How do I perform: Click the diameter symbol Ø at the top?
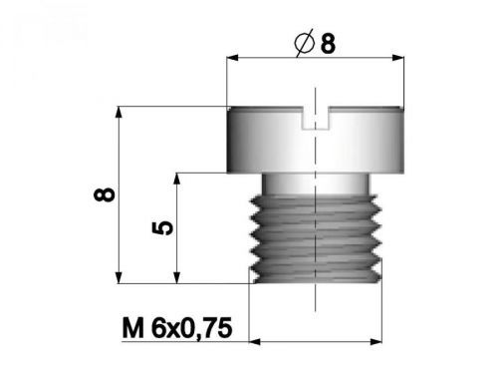pyautogui.click(x=307, y=45)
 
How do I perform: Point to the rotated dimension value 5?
pyautogui.click(x=165, y=227)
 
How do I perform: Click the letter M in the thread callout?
pyautogui.click(x=130, y=327)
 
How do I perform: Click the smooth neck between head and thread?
pyautogui.click(x=316, y=183)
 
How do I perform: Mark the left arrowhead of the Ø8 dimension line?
pyautogui.click(x=235, y=61)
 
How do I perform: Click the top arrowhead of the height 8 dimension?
pyautogui.click(x=120, y=111)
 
